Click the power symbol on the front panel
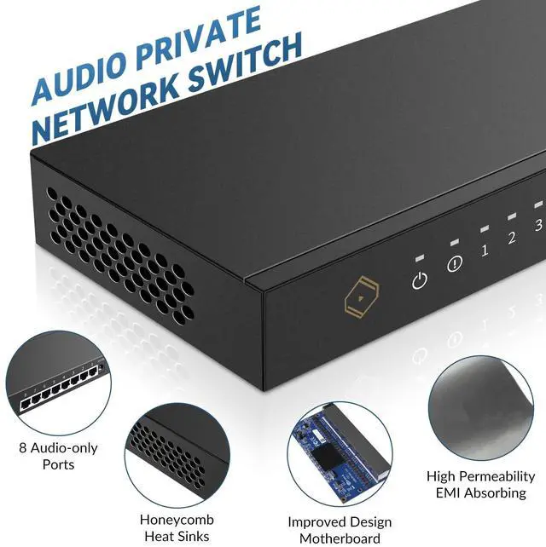[x=419, y=280]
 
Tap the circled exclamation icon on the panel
[x=455, y=263]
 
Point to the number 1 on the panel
[x=485, y=250]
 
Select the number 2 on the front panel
[x=512, y=238]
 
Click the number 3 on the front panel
[x=537, y=225]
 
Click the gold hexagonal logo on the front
[x=358, y=298]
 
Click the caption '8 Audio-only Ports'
[x=58, y=456]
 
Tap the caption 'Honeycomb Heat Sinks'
[x=177, y=527]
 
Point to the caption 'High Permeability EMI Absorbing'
[x=480, y=484]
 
